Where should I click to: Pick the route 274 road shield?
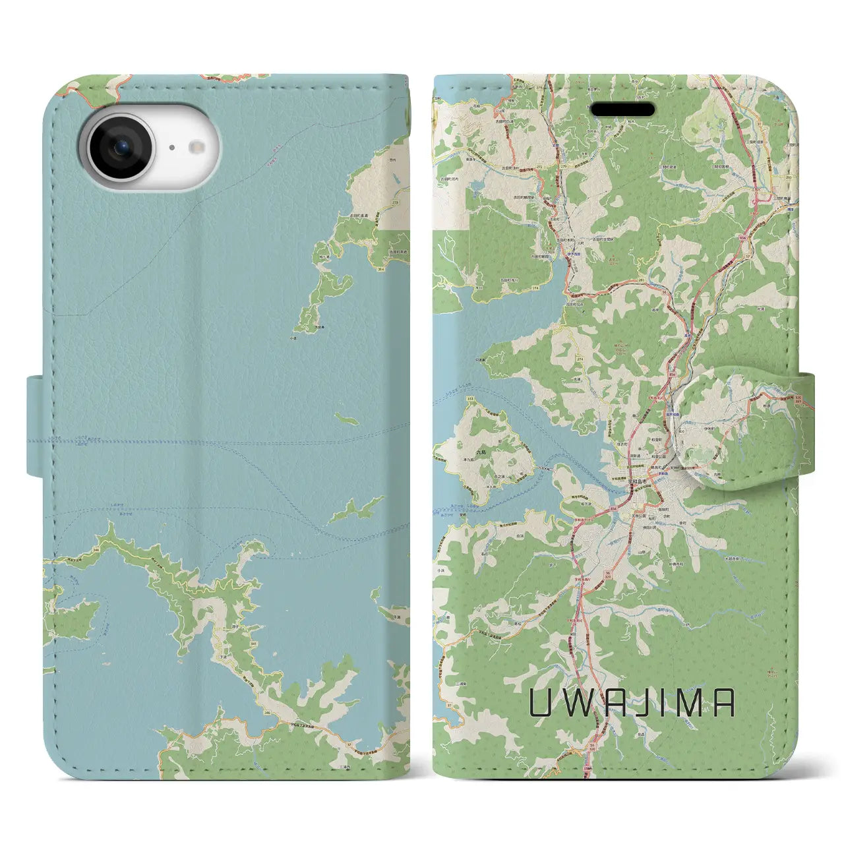561,358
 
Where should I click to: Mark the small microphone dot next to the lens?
171,149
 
